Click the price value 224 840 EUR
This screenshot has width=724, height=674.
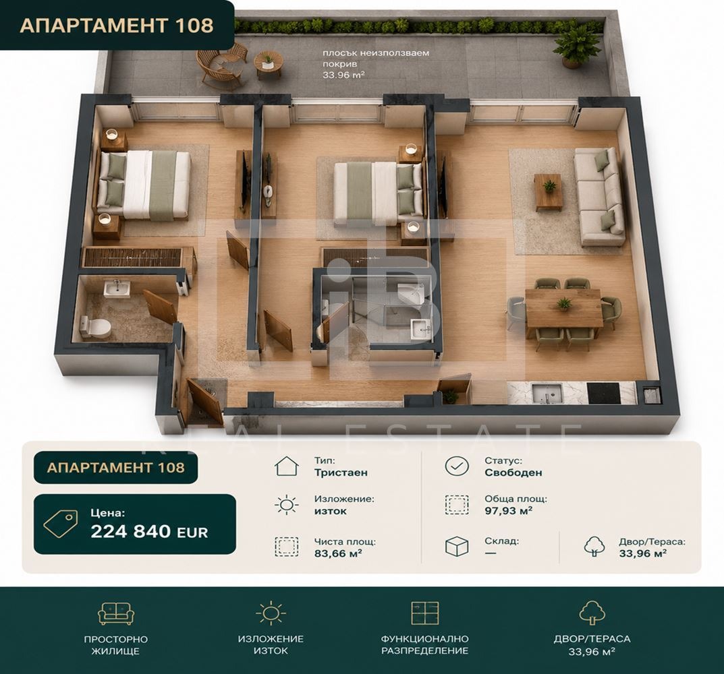pos(149,532)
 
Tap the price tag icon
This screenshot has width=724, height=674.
pos(61,524)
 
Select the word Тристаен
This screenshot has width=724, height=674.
pos(341,472)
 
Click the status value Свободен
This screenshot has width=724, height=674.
pos(513,472)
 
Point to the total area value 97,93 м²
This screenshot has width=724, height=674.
pos(508,511)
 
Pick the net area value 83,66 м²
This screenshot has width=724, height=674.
pos(338,553)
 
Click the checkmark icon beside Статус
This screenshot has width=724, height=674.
pos(457,466)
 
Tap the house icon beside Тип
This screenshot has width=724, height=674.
pos(287,466)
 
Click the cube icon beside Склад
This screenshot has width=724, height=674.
pos(457,547)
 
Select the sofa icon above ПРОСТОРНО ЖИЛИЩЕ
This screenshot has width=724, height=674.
pos(116,613)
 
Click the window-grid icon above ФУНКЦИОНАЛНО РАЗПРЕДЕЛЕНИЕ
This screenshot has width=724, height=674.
pos(425,613)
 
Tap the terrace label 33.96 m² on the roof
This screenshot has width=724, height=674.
pos(343,74)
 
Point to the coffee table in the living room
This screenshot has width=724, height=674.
pos(549,192)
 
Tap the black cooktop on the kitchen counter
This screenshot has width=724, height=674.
pos(603,394)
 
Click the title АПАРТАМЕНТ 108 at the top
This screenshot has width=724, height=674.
pos(117,25)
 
